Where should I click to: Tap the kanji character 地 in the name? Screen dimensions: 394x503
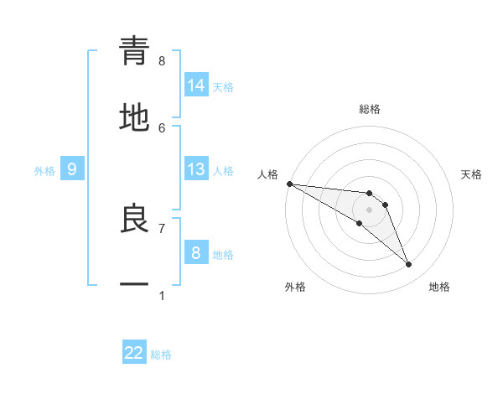point(134,117)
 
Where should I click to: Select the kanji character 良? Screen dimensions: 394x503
point(134,219)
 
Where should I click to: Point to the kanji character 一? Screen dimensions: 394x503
point(134,285)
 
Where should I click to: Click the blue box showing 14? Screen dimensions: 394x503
point(196,86)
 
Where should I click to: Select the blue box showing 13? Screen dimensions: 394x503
point(196,169)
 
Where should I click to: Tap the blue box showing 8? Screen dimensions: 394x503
point(196,252)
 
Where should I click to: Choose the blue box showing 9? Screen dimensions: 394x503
point(72,169)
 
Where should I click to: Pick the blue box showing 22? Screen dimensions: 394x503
point(134,353)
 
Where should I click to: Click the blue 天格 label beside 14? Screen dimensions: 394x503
point(223,87)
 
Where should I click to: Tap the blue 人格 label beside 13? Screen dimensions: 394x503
point(223,171)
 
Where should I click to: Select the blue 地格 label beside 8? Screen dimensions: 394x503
point(223,254)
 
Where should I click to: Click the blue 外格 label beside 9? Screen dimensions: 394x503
point(44,171)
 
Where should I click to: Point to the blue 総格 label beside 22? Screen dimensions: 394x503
point(161,355)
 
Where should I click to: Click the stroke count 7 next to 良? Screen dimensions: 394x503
point(162,227)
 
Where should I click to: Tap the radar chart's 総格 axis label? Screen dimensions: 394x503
point(369,109)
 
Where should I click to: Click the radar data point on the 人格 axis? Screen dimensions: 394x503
point(289,184)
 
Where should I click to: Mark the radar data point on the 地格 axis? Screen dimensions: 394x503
point(409,265)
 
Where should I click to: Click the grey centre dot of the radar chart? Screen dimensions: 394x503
point(369,210)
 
